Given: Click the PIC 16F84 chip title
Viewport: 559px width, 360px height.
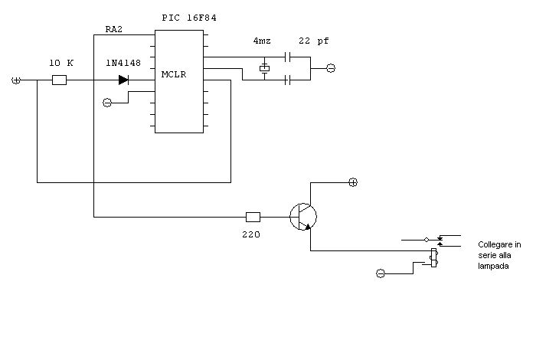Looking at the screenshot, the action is pos(189,18).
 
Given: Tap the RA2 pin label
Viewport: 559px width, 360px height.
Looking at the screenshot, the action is pos(114,29).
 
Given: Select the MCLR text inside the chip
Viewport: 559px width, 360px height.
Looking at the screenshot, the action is pos(174,74).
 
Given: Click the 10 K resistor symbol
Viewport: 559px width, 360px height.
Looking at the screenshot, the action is pos(59,80).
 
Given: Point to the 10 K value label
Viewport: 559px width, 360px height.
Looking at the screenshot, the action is pos(61,63).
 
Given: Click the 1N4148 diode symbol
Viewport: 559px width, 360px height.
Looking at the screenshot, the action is pos(124,80).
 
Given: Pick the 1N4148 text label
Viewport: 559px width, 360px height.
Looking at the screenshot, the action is pos(123,63).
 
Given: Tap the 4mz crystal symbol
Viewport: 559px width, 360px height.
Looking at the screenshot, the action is pos(264,68).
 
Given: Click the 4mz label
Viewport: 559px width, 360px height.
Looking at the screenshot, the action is pos(262,41).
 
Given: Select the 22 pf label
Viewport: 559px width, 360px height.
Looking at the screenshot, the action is pos(314,41).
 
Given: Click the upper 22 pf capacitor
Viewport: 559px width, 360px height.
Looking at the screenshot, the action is pos(289,57).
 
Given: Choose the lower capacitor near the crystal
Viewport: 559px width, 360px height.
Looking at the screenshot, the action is pos(289,80).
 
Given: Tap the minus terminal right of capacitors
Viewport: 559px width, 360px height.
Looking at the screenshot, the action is pos(331,68).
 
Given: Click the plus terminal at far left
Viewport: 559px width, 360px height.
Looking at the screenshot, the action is pos(16,80).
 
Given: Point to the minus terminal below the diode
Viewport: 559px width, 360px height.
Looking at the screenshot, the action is pos(107,103).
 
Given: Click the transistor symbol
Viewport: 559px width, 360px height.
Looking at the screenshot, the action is pos(303,217).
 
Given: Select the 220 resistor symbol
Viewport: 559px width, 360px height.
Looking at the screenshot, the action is pos(253,217).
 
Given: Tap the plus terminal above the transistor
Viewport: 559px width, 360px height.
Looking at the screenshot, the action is pos(353,182).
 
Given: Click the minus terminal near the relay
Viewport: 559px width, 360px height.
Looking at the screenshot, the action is pos(381,273).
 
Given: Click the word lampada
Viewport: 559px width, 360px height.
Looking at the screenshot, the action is pos(493,267).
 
